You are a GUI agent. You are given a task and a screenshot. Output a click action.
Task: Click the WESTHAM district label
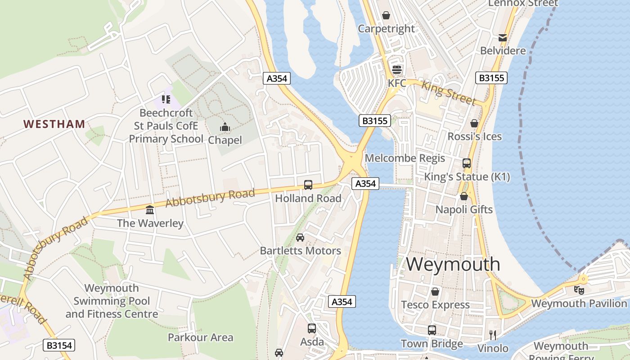click(54, 124)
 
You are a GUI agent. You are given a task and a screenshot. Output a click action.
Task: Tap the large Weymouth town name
click(453, 264)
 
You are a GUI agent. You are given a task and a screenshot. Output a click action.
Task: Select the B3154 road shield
click(59, 345)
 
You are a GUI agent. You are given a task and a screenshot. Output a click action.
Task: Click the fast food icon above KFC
click(396, 70)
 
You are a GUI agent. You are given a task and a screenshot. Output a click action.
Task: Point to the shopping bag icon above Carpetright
click(386, 15)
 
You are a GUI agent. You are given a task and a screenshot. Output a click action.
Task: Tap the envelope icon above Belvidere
click(502, 37)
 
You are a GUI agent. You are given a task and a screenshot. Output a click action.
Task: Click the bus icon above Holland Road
click(308, 184)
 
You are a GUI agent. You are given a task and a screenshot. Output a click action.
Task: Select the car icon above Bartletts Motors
click(300, 237)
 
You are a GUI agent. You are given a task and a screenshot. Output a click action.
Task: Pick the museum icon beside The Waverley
click(150, 210)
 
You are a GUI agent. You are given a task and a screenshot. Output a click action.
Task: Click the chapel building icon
click(225, 127)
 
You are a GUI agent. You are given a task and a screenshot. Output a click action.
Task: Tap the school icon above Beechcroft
click(166, 99)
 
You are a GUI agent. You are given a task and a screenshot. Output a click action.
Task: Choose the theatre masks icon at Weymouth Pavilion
click(579, 290)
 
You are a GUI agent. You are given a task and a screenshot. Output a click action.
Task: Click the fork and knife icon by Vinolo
click(493, 335)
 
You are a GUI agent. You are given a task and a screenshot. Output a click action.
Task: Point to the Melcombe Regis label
click(405, 158)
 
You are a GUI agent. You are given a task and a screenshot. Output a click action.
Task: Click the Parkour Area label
click(200, 337)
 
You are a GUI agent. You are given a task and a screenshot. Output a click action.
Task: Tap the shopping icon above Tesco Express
click(435, 292)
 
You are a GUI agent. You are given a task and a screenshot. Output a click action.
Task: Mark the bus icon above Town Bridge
click(432, 330)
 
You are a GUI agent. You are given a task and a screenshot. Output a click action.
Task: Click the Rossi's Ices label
click(474, 136)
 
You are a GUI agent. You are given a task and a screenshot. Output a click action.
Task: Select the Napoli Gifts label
click(464, 210)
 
